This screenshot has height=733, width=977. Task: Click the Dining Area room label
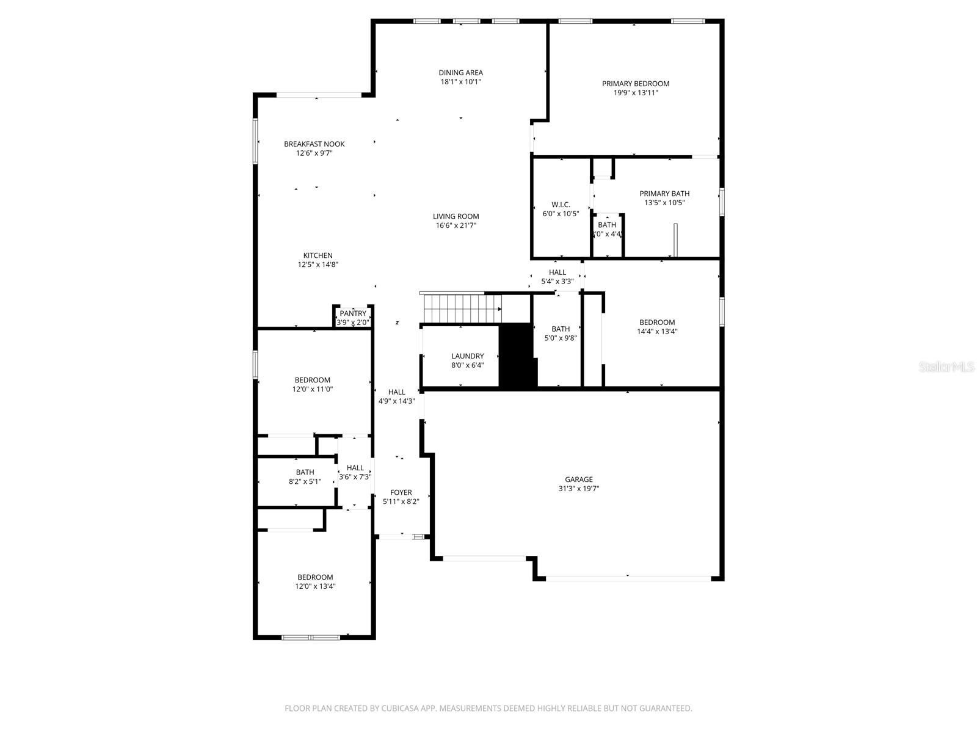[x=460, y=73]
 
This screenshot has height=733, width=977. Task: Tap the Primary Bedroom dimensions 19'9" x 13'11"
[x=636, y=93]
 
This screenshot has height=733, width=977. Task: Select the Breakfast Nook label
[x=314, y=144]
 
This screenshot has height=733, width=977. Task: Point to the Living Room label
[x=456, y=216]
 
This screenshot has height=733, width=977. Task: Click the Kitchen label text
[x=318, y=255]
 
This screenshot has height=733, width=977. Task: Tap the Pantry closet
[x=353, y=317]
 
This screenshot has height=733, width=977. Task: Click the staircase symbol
[x=462, y=308]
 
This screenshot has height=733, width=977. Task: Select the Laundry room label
[x=467, y=356]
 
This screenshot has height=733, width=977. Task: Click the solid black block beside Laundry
[x=517, y=356]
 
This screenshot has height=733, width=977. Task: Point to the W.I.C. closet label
[x=560, y=205]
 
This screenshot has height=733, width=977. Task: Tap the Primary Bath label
[x=664, y=194]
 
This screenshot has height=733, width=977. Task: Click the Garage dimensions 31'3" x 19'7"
[x=578, y=489]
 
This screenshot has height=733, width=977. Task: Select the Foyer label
[x=401, y=492]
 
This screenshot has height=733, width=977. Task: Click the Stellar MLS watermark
[x=946, y=366]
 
